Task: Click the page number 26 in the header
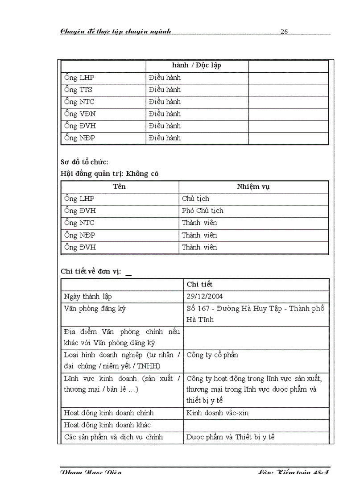pyautogui.click(x=284, y=31)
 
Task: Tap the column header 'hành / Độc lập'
pyautogui.click(x=197, y=66)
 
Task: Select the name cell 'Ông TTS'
pyautogui.click(x=78, y=90)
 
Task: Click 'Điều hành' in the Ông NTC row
pyautogui.click(x=165, y=102)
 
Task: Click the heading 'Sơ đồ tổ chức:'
pyautogui.click(x=84, y=162)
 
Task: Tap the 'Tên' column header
pyautogui.click(x=120, y=186)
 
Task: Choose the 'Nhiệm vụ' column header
pyautogui.click(x=253, y=186)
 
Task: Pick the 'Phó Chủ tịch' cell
pyautogui.click(x=203, y=211)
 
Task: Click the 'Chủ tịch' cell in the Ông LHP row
pyautogui.click(x=195, y=199)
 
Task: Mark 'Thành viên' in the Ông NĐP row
pyautogui.click(x=199, y=235)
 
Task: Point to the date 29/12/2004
pyautogui.click(x=205, y=296)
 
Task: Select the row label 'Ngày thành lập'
pyautogui.click(x=88, y=296)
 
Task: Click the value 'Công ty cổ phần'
pyautogui.click(x=212, y=355)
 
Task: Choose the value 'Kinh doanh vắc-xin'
pyautogui.click(x=217, y=413)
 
